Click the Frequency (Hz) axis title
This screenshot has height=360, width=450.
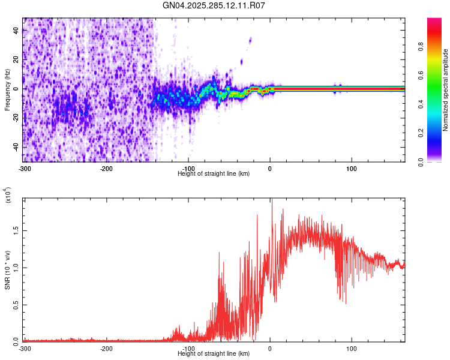pos(7,89)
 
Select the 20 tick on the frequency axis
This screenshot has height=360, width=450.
pos(16,60)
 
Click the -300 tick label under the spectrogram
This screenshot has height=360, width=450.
pos(25,168)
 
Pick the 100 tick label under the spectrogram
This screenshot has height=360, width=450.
pos(352,168)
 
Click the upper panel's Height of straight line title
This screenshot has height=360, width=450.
pos(214,173)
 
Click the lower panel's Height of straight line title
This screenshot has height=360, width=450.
pos(214,353)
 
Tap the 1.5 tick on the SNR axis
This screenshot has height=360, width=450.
pos(16,229)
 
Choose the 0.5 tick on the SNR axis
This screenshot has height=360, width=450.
pos(16,304)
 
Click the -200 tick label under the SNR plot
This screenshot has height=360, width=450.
pos(106,348)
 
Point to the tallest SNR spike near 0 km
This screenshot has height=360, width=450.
pos(272,202)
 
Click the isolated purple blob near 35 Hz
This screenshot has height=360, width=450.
pos(250,41)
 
